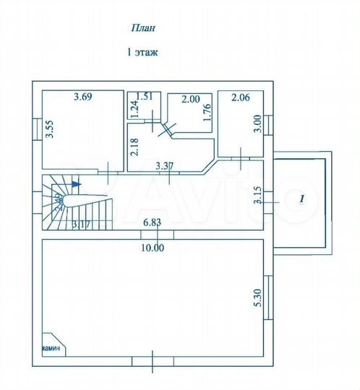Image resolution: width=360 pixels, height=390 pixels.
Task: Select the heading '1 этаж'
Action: click(142, 52)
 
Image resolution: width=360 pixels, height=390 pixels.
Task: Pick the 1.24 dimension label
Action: click(134, 110)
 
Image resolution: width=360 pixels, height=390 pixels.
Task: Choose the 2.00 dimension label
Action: click(190, 100)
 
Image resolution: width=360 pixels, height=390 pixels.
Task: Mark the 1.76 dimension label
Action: click(207, 116)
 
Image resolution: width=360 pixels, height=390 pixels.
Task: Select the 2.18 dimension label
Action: click(134, 148)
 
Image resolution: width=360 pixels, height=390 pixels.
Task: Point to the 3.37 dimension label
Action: click(166, 166)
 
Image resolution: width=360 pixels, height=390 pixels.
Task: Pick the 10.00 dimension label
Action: click(153, 248)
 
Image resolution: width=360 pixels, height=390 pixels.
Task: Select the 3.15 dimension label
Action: click(257, 197)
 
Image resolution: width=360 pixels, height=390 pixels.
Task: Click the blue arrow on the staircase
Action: click(77, 184)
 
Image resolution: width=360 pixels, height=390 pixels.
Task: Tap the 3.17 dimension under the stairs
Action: click(80, 224)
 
